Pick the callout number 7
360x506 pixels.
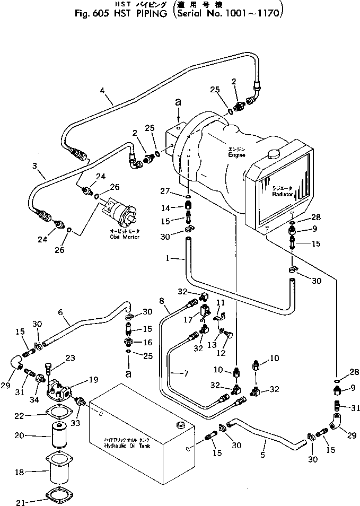186,374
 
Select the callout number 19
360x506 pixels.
93,380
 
